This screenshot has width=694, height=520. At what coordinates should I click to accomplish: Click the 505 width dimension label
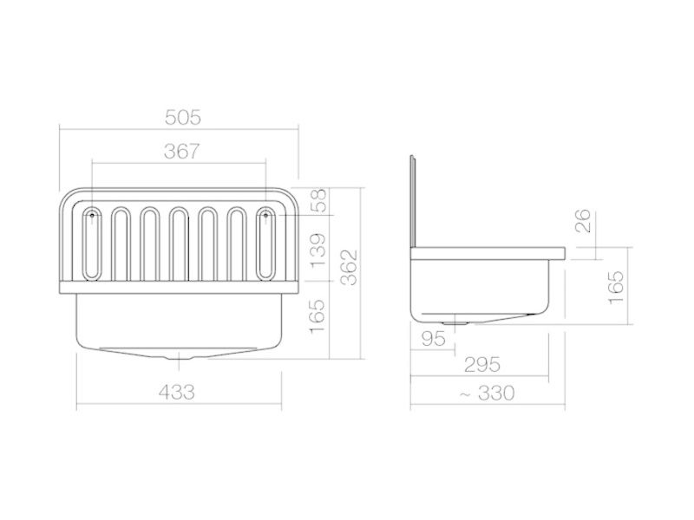[x=183, y=118]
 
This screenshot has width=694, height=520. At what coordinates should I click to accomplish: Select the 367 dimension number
[x=182, y=151]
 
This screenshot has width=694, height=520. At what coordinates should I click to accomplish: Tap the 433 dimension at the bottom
[x=177, y=392]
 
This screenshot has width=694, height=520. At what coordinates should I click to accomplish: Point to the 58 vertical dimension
[x=318, y=200]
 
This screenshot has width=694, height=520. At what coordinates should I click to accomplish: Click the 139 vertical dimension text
[x=318, y=250]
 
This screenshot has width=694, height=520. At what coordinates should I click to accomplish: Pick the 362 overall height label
[x=350, y=268]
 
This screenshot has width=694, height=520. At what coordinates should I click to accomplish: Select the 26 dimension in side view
[x=583, y=221]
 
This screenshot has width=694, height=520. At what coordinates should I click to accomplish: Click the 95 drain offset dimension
[x=433, y=339]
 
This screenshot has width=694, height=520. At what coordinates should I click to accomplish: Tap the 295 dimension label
[x=482, y=365]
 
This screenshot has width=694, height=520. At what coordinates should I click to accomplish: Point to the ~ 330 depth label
[x=487, y=393]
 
